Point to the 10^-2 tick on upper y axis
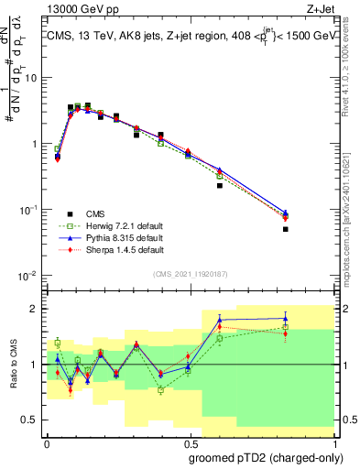[27, 276]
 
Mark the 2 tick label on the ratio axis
[34, 309]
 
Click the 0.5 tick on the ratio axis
[29, 420]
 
